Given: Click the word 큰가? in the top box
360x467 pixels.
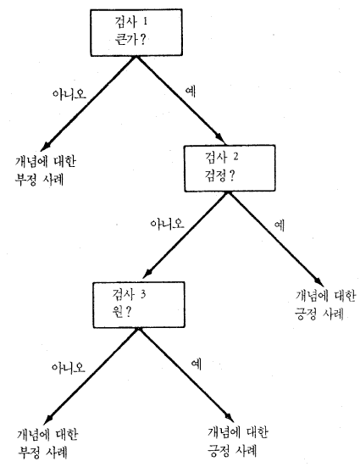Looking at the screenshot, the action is [130, 39].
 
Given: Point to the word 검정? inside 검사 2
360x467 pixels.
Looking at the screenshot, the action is [219, 175].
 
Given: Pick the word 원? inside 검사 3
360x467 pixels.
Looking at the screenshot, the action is [121, 312].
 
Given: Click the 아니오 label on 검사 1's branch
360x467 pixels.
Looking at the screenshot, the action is [69, 94].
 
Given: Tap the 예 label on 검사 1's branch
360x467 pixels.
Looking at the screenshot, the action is [191, 91].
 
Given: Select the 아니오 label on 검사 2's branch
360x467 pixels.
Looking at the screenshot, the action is [167, 224].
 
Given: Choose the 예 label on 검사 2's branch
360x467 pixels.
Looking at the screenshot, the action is [280, 225].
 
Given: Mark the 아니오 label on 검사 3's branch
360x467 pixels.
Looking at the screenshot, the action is [69, 367].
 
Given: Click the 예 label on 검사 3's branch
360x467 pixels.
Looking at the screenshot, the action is [197, 364].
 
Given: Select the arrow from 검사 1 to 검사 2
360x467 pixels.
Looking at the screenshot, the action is [180, 100].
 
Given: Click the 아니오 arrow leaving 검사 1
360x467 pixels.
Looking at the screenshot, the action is [88, 103].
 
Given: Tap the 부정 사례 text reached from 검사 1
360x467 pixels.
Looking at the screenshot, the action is [39, 180].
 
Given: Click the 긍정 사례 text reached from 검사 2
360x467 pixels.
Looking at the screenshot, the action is [319, 314].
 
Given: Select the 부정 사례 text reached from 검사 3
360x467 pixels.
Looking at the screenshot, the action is [42, 452].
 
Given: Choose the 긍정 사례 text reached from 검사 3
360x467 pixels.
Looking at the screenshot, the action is [232, 450].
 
